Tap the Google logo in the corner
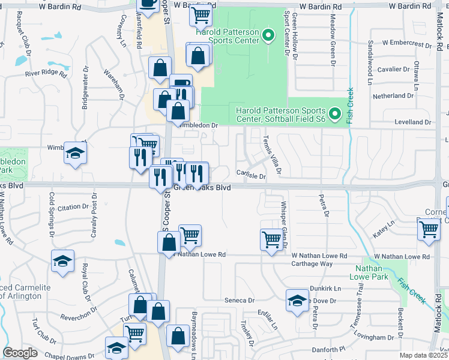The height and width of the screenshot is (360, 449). click(x=20, y=353)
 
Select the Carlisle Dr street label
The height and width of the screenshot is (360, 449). click(x=250, y=176)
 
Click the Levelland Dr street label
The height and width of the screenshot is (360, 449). click(x=413, y=122)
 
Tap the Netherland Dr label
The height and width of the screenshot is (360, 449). click(x=393, y=96)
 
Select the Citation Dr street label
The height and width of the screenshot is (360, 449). click(x=73, y=207)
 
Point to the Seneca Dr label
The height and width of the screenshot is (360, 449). click(x=240, y=300)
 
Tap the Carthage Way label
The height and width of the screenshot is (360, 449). click(x=312, y=264)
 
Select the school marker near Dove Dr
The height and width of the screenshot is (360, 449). click(x=297, y=301)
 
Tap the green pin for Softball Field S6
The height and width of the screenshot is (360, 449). click(x=335, y=113)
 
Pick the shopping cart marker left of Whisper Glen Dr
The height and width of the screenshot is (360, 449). click(x=271, y=240)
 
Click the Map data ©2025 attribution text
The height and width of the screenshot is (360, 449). click(x=423, y=355)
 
